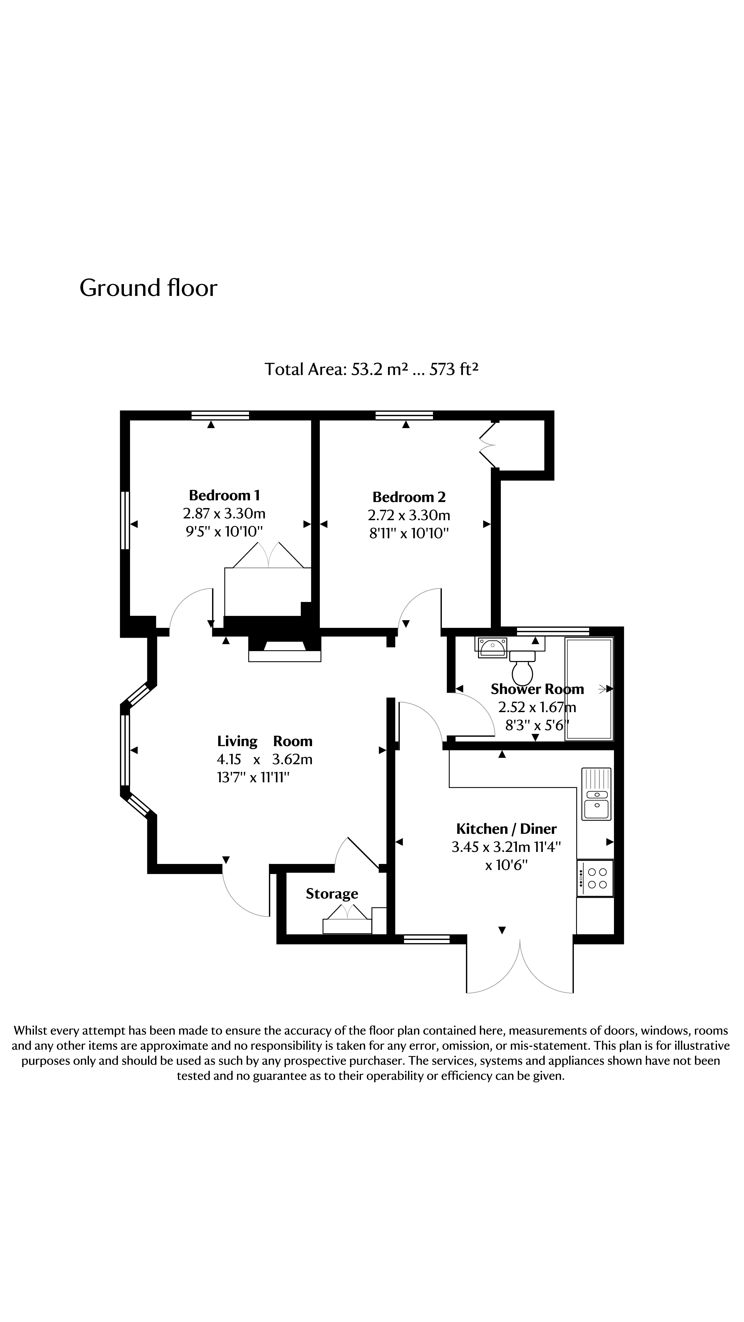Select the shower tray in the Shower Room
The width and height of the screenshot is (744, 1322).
589,689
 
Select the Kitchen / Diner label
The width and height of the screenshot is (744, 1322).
506,829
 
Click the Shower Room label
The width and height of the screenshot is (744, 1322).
537,689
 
